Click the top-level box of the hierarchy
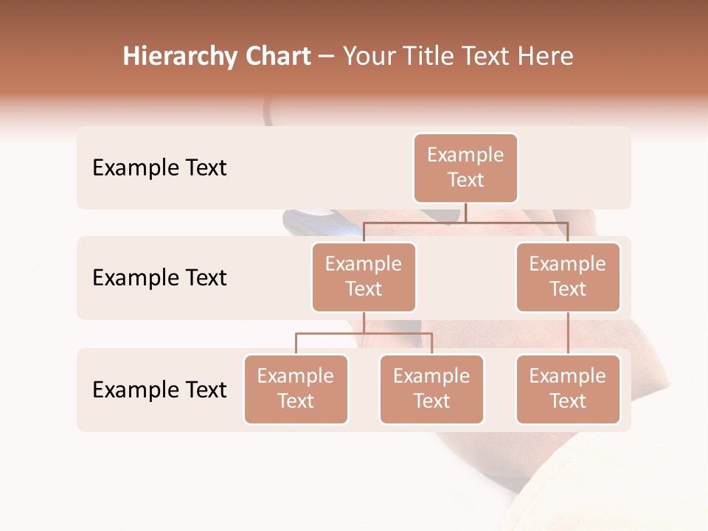pyautogui.click(x=465, y=167)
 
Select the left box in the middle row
pyautogui.click(x=364, y=277)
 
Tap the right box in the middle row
pyautogui.click(x=568, y=277)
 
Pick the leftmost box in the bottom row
pyautogui.click(x=296, y=389)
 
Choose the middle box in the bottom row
pyautogui.click(x=431, y=389)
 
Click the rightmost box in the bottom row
pyautogui.click(x=568, y=389)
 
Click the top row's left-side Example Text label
pyautogui.click(x=159, y=167)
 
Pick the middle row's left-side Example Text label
pyautogui.click(x=159, y=277)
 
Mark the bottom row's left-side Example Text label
pyautogui.click(x=159, y=389)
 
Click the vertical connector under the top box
pyautogui.click(x=465, y=212)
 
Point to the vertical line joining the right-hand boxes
pyautogui.click(x=568, y=333)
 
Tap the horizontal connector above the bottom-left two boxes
pyautogui.click(x=364, y=333)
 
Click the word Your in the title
pyautogui.click(x=367, y=57)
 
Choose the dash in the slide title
pyautogui.click(x=326, y=57)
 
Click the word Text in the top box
pyautogui.click(x=465, y=180)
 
